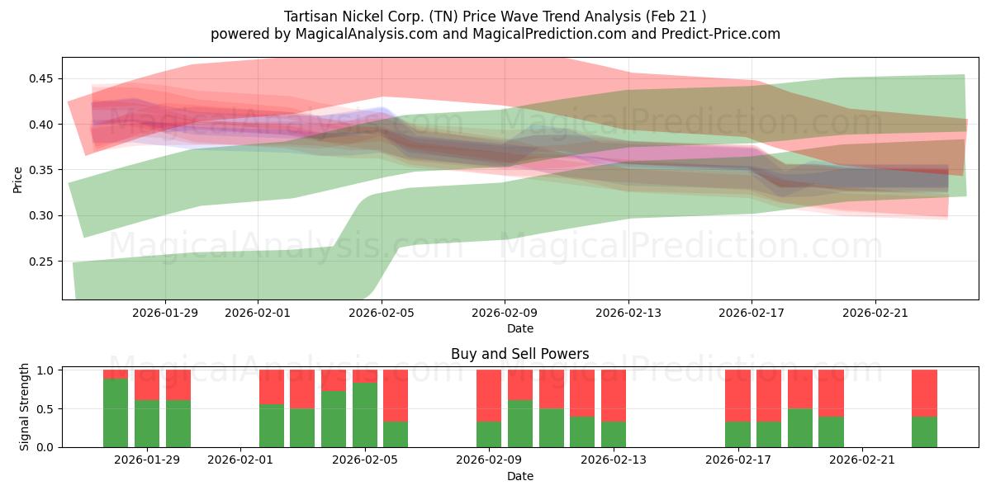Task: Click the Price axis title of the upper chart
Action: click(x=17, y=179)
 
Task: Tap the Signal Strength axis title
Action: click(x=25, y=407)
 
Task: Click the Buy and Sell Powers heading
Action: click(x=519, y=354)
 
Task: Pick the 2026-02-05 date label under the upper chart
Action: click(x=382, y=313)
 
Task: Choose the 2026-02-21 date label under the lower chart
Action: click(x=862, y=460)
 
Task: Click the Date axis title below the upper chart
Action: click(x=519, y=328)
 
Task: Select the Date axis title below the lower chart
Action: click(x=519, y=476)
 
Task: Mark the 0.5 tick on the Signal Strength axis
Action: click(x=46, y=409)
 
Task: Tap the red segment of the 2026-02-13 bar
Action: click(x=614, y=395)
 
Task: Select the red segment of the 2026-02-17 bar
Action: click(x=737, y=395)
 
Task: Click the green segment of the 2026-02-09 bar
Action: click(x=489, y=434)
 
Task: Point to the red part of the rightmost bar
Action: click(x=924, y=393)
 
